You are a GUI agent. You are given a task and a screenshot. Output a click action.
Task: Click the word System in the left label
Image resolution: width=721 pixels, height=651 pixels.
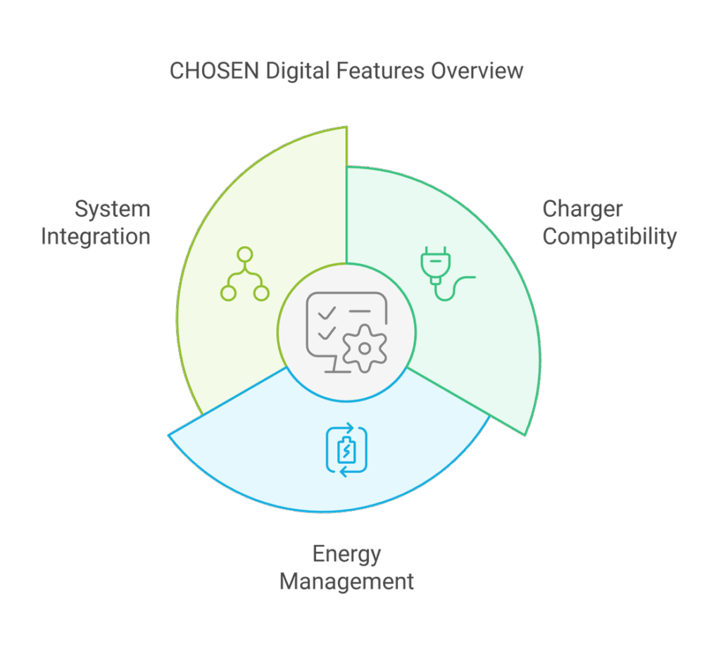click(x=113, y=209)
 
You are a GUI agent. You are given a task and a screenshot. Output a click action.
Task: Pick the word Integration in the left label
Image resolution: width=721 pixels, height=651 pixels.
click(x=96, y=236)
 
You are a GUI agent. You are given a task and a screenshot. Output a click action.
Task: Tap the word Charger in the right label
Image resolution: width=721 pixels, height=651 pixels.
click(x=582, y=209)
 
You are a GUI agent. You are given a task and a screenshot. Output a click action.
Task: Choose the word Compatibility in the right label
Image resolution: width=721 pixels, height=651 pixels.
click(x=610, y=236)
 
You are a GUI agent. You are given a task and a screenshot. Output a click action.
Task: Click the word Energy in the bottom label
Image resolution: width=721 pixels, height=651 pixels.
click(x=346, y=555)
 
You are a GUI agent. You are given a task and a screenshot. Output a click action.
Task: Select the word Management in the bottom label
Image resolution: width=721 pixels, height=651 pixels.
click(x=346, y=583)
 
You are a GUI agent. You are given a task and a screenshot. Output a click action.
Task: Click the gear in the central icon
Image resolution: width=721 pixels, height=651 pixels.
click(x=364, y=348)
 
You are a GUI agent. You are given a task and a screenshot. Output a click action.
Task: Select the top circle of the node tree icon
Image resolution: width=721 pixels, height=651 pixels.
click(x=244, y=255)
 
